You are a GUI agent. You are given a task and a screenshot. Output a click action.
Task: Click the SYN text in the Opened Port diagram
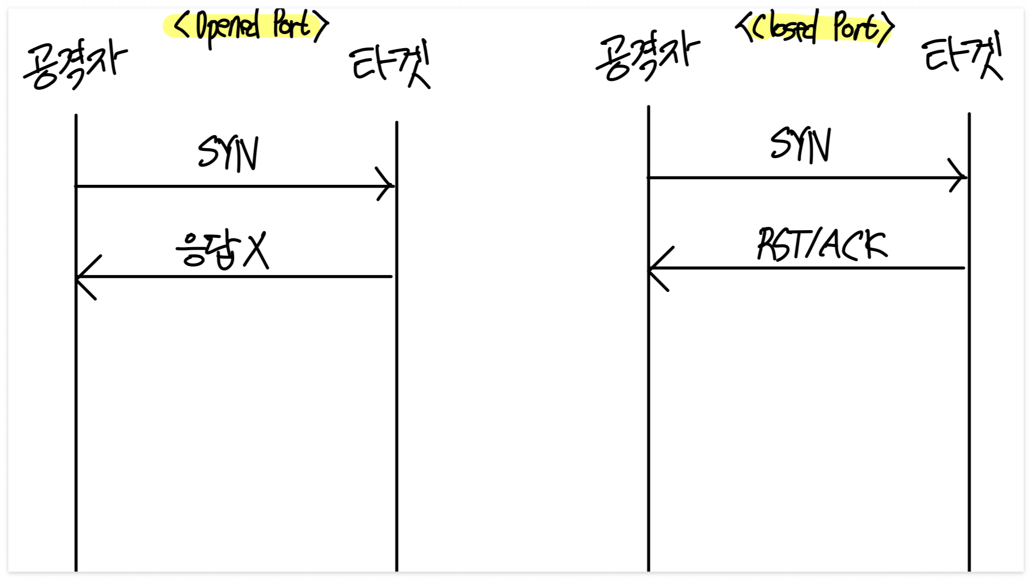point(228,154)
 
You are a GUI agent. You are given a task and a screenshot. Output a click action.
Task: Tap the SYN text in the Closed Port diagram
point(800,145)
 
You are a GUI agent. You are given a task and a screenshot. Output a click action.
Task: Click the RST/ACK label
point(822,244)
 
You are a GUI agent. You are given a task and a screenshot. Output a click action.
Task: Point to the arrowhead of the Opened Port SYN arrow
point(388,185)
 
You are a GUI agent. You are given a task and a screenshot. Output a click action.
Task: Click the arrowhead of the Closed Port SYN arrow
point(960,177)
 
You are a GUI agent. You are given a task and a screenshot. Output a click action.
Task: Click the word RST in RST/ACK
point(776,244)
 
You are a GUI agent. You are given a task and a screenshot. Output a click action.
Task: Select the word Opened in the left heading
point(227,27)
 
